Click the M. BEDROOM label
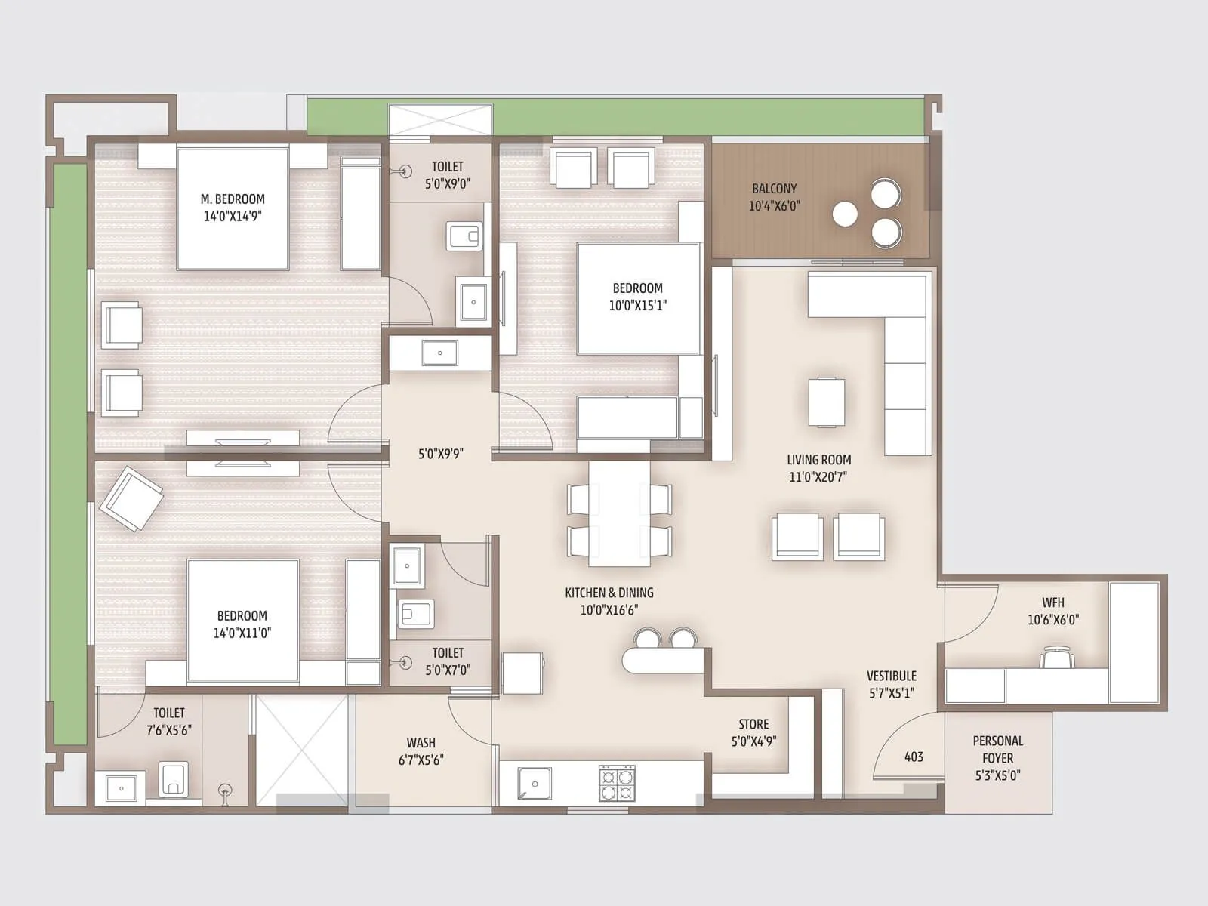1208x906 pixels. coord(233,199)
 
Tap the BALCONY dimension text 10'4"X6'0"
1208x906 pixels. coord(774,206)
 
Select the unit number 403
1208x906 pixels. coord(914,757)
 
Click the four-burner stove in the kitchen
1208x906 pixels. coord(617,783)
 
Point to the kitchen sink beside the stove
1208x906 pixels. coord(535,784)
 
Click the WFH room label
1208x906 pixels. coord(1052,602)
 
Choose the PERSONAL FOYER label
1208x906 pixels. coord(997,749)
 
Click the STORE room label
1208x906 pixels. coord(753,724)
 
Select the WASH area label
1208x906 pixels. coord(421,743)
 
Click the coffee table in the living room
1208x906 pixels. coord(827,402)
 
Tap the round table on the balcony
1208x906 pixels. coord(845,214)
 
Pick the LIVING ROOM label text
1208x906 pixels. coord(818,460)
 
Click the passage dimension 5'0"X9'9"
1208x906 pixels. coord(441,454)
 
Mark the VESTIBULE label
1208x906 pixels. coord(891,676)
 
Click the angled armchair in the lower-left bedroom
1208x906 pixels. coord(131,498)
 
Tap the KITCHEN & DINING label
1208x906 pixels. coord(609,593)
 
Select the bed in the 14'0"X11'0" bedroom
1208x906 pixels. coord(242,619)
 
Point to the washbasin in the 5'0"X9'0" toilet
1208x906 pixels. coord(473,301)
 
